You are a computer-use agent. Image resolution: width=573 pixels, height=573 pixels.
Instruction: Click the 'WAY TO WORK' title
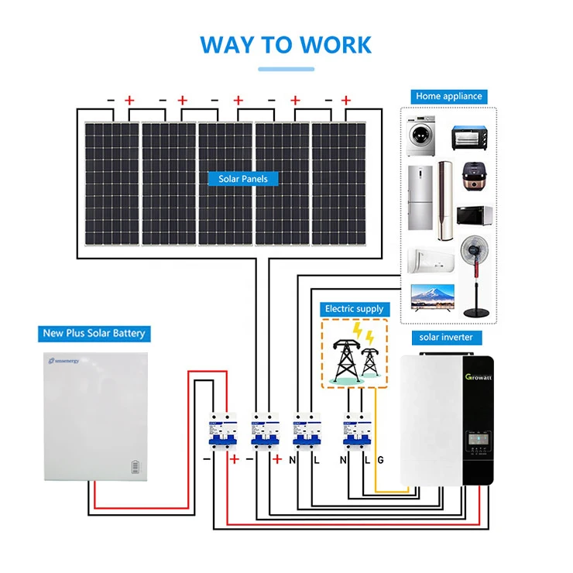(286, 43)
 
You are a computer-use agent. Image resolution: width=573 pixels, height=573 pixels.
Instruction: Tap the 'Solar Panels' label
(242, 179)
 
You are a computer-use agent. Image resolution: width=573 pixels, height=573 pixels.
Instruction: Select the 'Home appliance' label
(448, 96)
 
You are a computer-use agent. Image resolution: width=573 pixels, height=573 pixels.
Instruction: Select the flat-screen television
(431, 297)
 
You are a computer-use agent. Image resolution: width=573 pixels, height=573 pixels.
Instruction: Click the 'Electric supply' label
(354, 309)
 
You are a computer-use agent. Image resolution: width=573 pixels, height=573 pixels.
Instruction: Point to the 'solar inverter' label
(446, 337)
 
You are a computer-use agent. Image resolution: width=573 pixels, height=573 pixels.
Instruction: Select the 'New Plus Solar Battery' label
(93, 334)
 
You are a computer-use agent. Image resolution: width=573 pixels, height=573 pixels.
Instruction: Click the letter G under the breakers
(379, 461)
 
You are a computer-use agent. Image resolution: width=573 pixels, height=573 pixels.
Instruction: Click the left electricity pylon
(341, 358)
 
